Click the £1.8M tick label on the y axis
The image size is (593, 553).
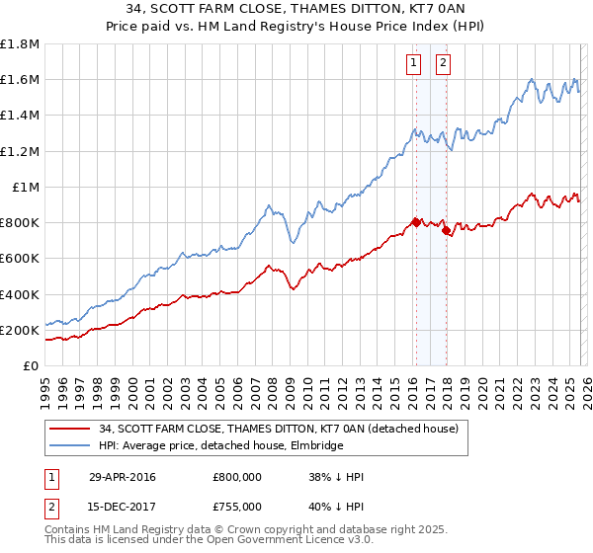tap(20, 44)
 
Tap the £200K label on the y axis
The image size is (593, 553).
tap(20, 331)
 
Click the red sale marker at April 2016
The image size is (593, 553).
tap(416, 222)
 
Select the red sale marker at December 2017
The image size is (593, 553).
tap(446, 230)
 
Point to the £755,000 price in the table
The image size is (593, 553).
tap(236, 506)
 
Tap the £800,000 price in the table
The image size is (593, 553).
tap(236, 478)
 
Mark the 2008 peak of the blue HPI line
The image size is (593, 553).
tap(270, 205)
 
